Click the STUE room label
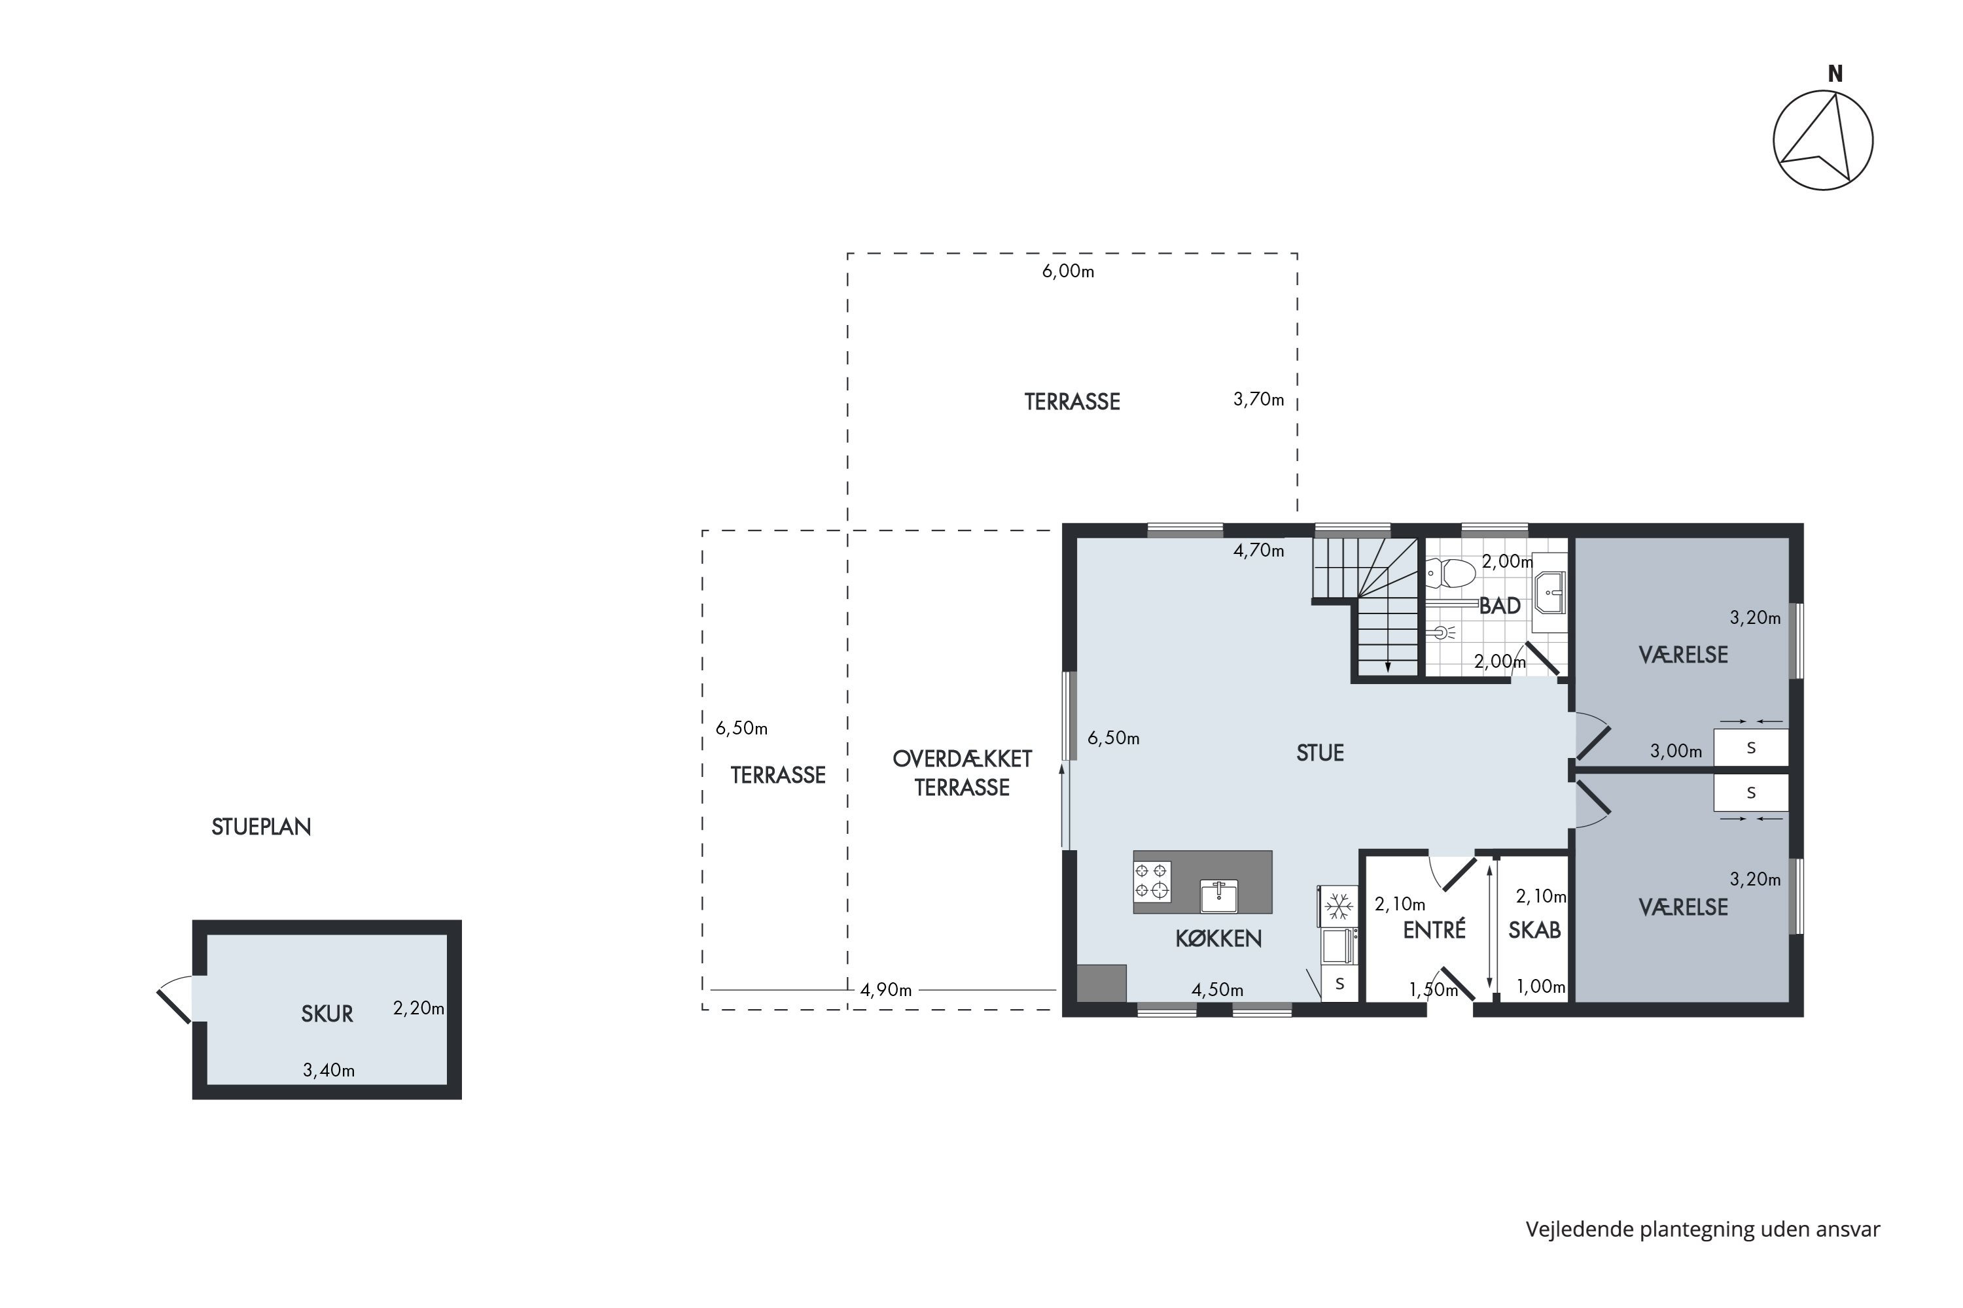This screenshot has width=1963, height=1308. tap(1320, 753)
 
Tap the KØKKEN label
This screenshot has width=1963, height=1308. tap(1218, 939)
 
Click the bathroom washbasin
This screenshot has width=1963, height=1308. tap(1550, 593)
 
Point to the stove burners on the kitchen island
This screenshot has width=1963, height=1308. tap(1152, 882)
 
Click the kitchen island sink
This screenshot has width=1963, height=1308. tap(1218, 895)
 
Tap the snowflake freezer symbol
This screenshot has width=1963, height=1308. tap(1339, 906)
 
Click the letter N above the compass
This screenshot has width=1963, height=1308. tap(1835, 75)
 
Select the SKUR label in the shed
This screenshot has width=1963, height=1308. tap(327, 1014)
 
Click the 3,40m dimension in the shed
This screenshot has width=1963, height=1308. tap(329, 1070)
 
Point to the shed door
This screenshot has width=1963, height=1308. tap(175, 999)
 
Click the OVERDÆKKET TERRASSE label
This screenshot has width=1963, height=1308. tap(963, 773)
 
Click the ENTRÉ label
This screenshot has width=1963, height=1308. tap(1434, 930)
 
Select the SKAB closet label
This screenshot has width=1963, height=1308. tap(1534, 930)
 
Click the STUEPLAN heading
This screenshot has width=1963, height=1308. tap(261, 827)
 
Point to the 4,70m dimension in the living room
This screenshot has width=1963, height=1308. tap(1258, 551)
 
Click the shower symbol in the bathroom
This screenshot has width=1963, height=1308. tap(1444, 632)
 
